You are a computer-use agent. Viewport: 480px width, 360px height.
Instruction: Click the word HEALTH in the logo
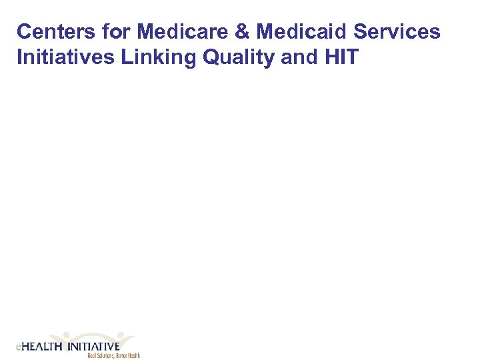(41, 347)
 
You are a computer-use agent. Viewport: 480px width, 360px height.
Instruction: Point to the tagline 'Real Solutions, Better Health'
(113, 356)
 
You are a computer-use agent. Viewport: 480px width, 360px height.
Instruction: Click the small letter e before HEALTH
(18, 347)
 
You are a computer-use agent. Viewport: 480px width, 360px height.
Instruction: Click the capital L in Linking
(127, 57)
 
